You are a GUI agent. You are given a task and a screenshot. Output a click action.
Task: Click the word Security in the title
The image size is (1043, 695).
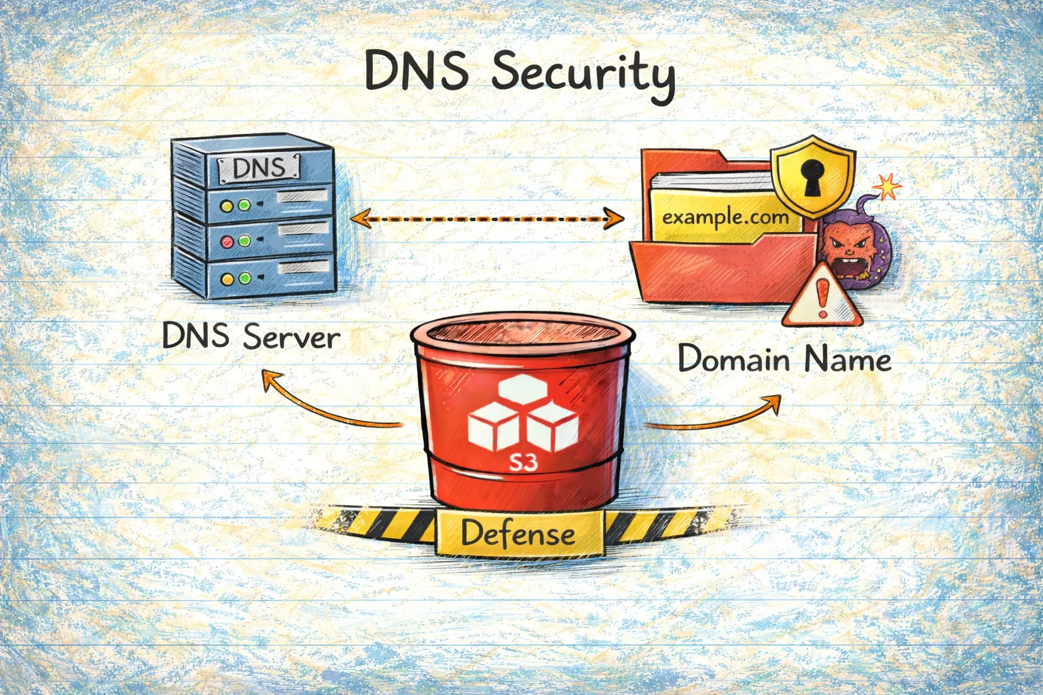tap(583, 73)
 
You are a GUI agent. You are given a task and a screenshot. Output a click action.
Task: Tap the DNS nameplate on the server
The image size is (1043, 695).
tap(258, 168)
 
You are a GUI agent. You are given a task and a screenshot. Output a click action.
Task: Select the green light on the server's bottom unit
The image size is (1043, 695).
tap(244, 278)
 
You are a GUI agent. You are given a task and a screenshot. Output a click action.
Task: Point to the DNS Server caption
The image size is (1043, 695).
tap(251, 337)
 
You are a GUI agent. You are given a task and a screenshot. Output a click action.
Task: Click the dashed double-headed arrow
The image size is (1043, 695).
tap(486, 219)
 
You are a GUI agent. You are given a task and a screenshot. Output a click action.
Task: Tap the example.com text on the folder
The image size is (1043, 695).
tap(725, 218)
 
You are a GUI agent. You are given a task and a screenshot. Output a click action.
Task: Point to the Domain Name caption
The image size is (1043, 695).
tap(784, 358)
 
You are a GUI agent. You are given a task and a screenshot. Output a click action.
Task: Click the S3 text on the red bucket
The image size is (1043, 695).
tap(524, 463)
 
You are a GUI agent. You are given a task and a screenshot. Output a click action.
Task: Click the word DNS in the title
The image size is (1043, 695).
tap(416, 71)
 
